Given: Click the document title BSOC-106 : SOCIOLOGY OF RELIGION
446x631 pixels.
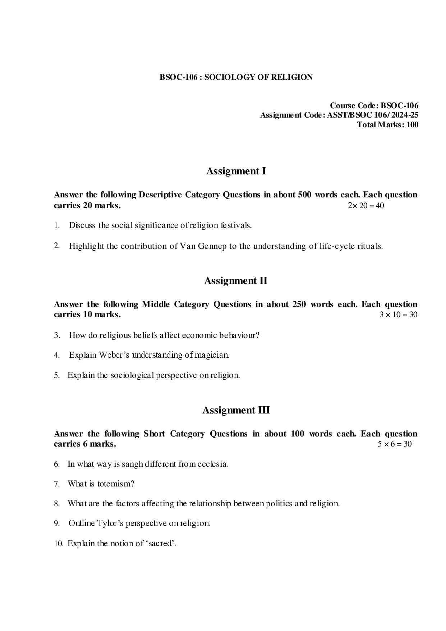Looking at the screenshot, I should click(236, 77).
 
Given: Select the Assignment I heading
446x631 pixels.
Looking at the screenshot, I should click(236, 171).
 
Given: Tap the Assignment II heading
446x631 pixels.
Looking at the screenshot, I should click(236, 281).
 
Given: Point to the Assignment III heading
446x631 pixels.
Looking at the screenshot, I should click(236, 410).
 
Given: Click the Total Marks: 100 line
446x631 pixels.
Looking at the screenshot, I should click(387, 125).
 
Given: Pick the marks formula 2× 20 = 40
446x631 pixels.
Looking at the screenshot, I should click(365, 206).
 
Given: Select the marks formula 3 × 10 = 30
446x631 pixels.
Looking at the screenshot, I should click(398, 315).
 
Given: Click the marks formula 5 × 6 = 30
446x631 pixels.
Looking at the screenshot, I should click(394, 444).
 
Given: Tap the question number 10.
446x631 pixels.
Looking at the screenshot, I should click(59, 544).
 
